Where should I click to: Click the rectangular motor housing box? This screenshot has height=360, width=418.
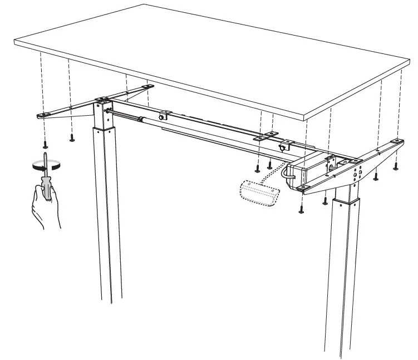309,170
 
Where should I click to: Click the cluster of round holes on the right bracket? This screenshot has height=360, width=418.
357,170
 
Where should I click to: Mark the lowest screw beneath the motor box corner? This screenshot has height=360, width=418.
302,210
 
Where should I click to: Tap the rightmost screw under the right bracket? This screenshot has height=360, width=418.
396,165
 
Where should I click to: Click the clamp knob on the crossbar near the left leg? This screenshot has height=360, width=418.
164,116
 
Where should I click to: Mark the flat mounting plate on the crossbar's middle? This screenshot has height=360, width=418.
265,137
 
